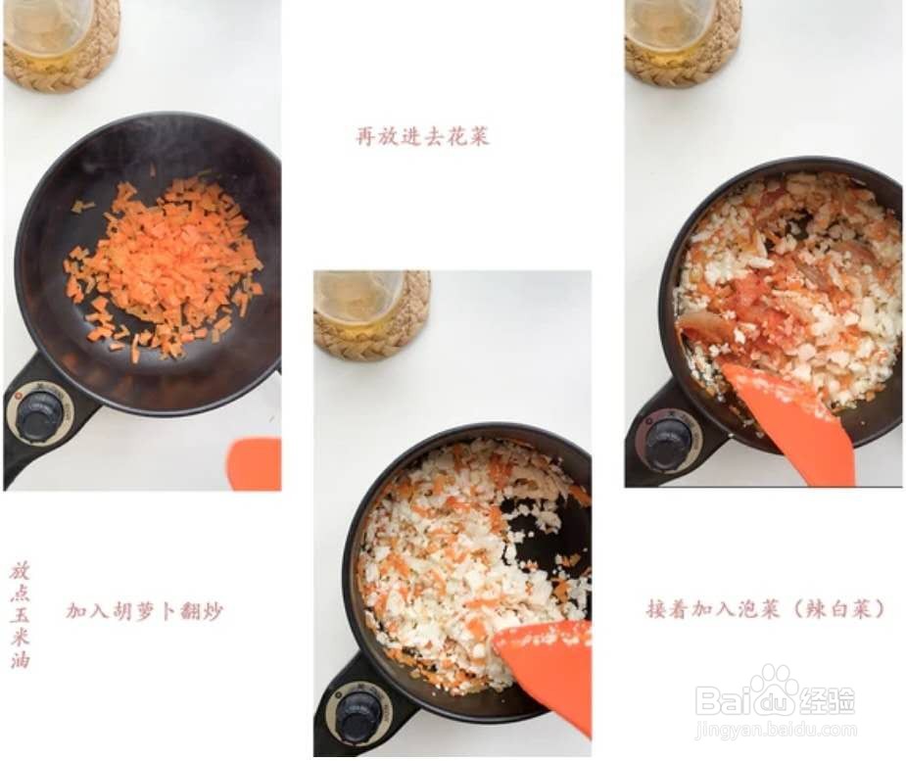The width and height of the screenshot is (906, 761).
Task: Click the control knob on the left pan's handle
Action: (39, 414)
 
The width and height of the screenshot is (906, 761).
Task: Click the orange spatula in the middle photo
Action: (549, 667)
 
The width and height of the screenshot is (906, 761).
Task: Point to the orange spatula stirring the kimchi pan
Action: (792, 421)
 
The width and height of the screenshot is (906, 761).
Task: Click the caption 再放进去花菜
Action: (421, 136)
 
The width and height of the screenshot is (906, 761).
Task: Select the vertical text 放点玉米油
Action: (20, 613)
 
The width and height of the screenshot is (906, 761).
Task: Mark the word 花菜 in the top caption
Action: (466, 136)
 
